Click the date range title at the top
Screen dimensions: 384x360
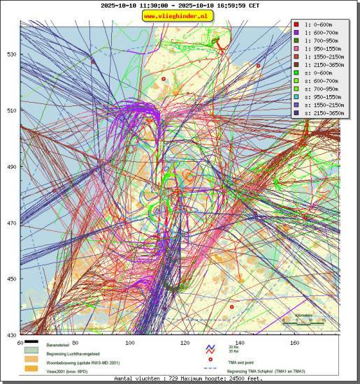click(x=180, y=5)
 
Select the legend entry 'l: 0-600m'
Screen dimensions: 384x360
click(x=318, y=24)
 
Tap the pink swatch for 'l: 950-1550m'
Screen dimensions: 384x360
click(x=296, y=49)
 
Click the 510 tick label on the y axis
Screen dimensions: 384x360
click(x=13, y=110)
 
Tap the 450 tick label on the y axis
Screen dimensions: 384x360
click(x=13, y=279)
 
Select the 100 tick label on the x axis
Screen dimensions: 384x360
click(x=130, y=343)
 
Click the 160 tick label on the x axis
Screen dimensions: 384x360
click(x=294, y=343)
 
